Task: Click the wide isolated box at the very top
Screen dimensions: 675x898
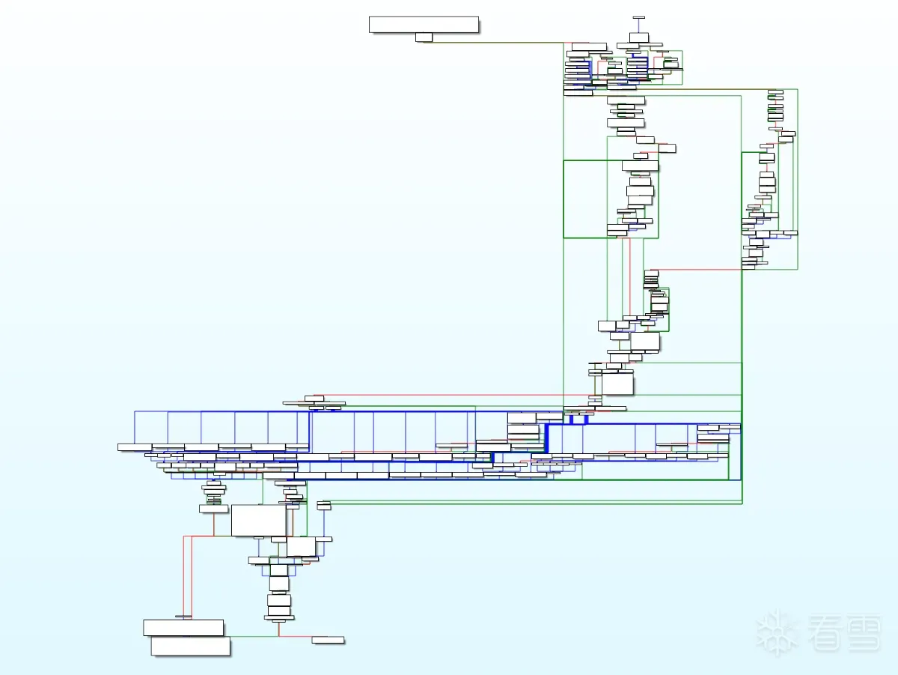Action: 424,25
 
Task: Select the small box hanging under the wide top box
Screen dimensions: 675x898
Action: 424,37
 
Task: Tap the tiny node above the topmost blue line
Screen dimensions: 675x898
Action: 638,16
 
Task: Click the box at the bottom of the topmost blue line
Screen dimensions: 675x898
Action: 638,38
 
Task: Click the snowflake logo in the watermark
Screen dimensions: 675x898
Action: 778,633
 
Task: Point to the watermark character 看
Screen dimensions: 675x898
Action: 828,633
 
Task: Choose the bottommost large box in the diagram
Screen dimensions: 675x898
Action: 190,647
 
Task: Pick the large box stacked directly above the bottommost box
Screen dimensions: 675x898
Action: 183,628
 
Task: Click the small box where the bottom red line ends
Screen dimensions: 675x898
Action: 328,640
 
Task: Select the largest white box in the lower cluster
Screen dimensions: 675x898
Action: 259,521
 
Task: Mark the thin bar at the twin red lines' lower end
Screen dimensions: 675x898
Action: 185,617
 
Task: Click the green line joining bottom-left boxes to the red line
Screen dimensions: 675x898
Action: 254,636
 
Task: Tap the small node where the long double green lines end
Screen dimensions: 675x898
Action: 323,507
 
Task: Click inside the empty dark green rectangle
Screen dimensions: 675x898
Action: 584,199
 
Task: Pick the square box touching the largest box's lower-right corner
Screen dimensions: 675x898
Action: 302,547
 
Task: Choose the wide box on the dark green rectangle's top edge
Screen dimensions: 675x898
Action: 640,166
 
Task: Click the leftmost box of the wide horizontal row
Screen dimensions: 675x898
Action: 135,447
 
